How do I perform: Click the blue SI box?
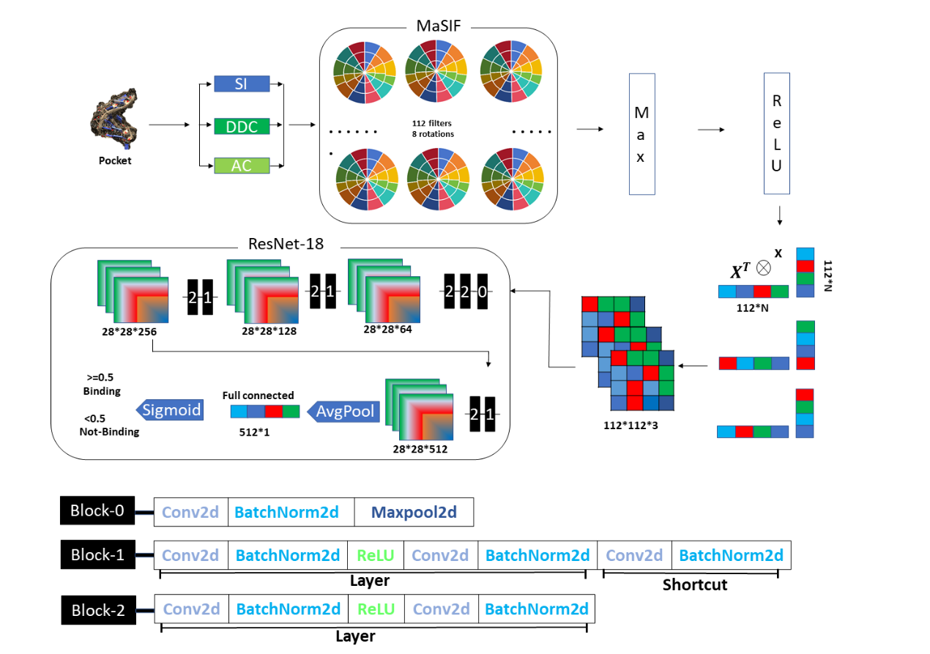pyautogui.click(x=242, y=83)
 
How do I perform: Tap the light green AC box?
pyautogui.click(x=242, y=166)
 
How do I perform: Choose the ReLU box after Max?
pyautogui.click(x=776, y=133)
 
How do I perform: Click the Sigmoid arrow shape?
pyautogui.click(x=169, y=410)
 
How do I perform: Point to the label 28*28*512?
pyautogui.click(x=420, y=449)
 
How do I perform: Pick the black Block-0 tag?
pyautogui.click(x=97, y=510)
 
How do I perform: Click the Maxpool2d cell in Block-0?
pyautogui.click(x=414, y=513)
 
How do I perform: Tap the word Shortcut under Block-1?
pyautogui.click(x=695, y=584)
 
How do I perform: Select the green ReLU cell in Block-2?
pyautogui.click(x=376, y=609)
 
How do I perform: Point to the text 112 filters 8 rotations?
pyautogui.click(x=433, y=129)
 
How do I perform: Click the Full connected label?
pyautogui.click(x=258, y=395)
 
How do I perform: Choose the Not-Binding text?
pyautogui.click(x=109, y=431)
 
